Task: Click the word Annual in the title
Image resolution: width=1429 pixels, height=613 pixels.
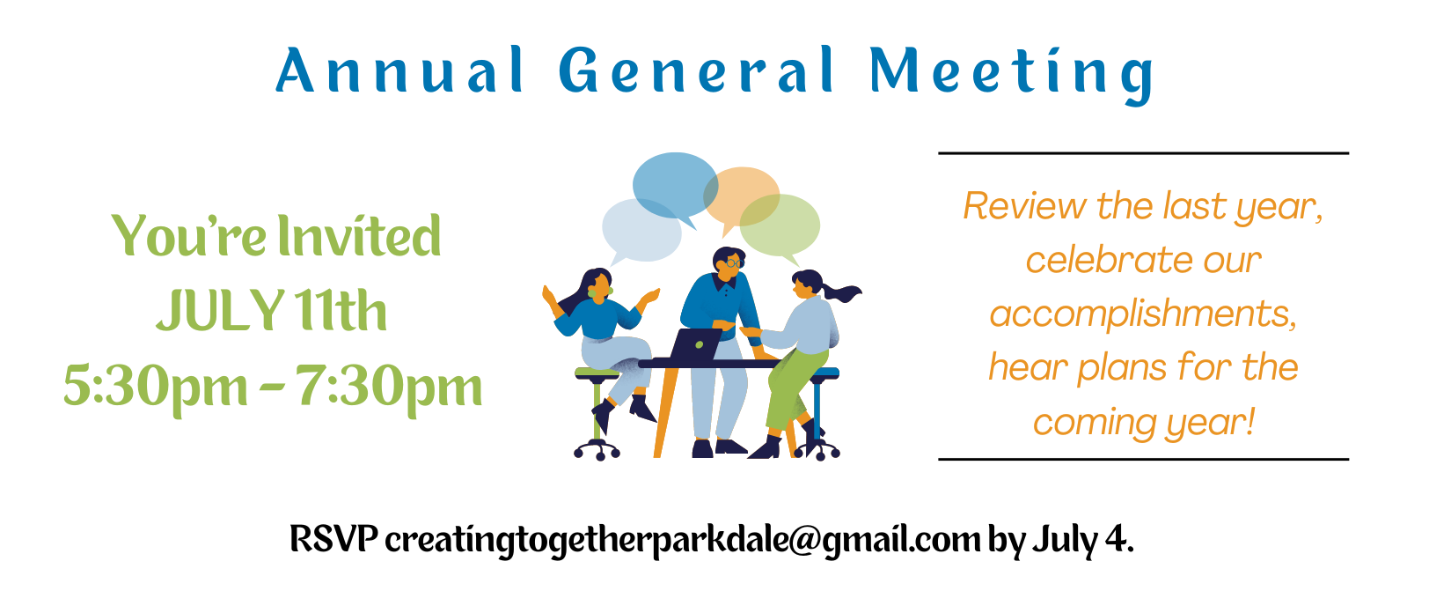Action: click(x=399, y=70)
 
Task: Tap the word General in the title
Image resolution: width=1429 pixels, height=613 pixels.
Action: click(x=697, y=70)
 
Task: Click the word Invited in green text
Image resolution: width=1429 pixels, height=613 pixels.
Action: click(x=359, y=236)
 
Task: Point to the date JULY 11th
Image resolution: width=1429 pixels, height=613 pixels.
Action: click(x=272, y=310)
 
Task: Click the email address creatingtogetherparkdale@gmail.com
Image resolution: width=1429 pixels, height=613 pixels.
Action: click(x=683, y=541)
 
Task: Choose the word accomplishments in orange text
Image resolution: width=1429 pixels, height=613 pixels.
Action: click(x=1143, y=315)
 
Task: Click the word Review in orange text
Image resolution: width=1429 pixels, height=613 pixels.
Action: click(x=1024, y=206)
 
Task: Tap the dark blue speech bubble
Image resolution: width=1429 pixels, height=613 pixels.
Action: click(x=675, y=186)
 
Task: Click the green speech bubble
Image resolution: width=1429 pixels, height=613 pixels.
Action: click(x=780, y=225)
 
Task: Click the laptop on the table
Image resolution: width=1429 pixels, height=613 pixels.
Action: click(x=695, y=344)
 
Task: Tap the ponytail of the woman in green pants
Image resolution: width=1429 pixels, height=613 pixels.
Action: click(x=842, y=293)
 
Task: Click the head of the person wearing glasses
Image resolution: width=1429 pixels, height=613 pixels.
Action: click(x=729, y=263)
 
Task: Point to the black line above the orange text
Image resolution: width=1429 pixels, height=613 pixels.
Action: click(x=1143, y=153)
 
